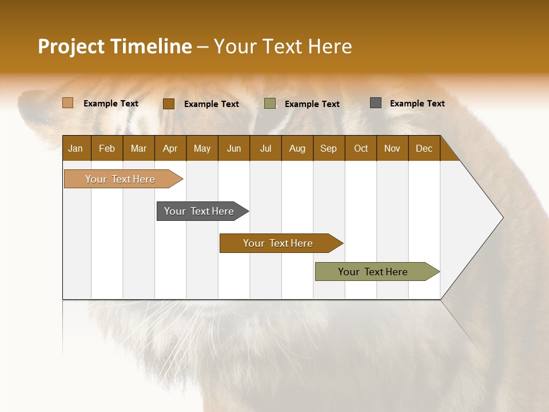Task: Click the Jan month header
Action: (75, 148)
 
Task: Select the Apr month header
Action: (170, 148)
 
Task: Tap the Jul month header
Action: (265, 148)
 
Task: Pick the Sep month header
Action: (328, 148)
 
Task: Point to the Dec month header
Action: (424, 148)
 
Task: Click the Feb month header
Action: (107, 148)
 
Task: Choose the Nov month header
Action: (392, 148)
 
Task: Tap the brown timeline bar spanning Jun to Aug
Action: (279, 243)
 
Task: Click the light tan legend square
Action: (67, 103)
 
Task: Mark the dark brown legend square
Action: (168, 104)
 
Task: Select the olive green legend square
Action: (270, 104)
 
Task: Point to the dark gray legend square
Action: (376, 103)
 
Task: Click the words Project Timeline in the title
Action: (114, 46)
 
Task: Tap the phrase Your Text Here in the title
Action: (283, 46)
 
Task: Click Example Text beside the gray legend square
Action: (417, 104)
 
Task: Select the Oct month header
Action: (361, 148)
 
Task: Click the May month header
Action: (202, 148)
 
